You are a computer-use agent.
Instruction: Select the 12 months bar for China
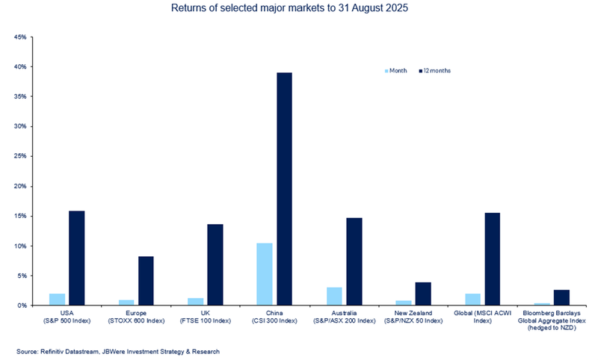[x=284, y=189]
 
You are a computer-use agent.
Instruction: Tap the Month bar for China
[x=265, y=274]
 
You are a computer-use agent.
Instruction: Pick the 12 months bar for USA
[x=76, y=258]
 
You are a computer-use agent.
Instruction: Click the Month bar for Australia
[x=334, y=297]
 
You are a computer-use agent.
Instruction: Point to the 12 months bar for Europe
[x=146, y=281]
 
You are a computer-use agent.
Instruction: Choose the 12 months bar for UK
[x=215, y=264]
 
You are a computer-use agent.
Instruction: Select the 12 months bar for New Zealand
[x=423, y=294]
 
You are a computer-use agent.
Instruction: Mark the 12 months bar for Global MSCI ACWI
[x=493, y=259]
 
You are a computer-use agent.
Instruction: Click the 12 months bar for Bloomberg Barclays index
[x=561, y=297]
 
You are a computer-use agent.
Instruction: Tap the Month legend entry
[x=397, y=70]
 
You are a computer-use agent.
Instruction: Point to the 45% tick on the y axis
[x=19, y=37]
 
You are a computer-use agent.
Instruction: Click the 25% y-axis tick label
[x=19, y=156]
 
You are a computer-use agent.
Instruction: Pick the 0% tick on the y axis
[x=22, y=305]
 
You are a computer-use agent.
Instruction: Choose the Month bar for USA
[x=57, y=300]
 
